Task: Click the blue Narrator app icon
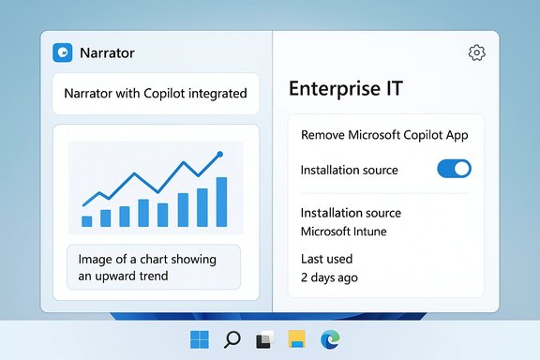[63, 53]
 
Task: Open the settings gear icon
[476, 52]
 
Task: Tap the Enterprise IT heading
[345, 89]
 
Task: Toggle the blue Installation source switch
[455, 169]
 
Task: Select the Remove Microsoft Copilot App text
[384, 134]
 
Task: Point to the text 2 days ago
[329, 277]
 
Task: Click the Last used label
[327, 258]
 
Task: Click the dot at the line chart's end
[219, 154]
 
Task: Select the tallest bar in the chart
[222, 201]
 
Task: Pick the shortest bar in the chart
[87, 220]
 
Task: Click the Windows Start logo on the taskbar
[201, 339]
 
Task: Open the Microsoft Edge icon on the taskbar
[329, 339]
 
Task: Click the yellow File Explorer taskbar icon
[297, 339]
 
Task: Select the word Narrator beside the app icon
[108, 53]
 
